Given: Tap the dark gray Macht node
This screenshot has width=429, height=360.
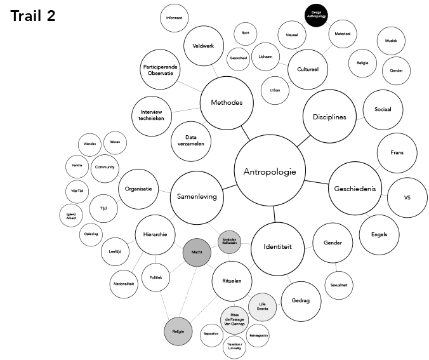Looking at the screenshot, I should tap(197, 253).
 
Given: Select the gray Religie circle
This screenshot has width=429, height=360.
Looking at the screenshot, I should tap(178, 331).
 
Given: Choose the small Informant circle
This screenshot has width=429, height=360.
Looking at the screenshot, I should tap(174, 18).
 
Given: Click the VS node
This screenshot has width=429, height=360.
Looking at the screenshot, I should tap(407, 197).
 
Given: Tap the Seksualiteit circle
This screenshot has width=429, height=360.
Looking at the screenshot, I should tap(339, 286).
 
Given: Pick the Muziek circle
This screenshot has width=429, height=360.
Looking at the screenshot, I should tap(390, 41).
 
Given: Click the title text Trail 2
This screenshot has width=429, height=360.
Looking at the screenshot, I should tap(32, 16).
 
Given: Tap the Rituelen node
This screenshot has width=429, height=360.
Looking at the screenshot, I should tap(232, 281).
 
